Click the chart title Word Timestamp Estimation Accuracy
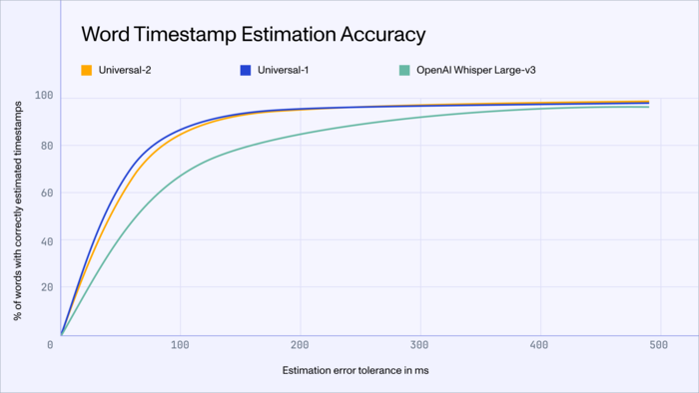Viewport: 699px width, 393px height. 254,34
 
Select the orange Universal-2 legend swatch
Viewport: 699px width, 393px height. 87,71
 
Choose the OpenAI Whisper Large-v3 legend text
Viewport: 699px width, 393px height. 471,71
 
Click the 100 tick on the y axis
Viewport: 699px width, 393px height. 43,97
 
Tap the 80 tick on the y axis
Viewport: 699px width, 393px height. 45,146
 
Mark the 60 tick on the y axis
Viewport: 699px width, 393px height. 45,193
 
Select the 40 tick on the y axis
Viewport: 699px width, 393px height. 45,240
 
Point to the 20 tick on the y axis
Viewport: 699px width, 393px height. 45,287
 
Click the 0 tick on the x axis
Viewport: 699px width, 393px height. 50,345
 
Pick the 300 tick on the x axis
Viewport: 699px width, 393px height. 419,345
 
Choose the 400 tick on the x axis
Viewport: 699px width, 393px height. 539,345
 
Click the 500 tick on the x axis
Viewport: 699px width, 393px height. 658,345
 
